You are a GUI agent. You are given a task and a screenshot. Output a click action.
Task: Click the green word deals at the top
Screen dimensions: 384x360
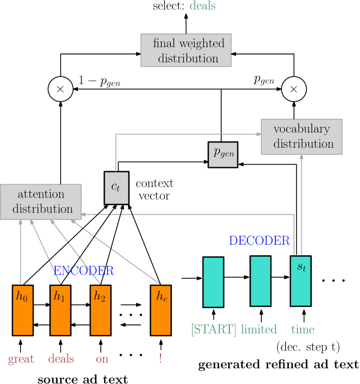pos(202,6)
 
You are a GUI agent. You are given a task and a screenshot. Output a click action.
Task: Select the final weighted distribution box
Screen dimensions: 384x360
pos(186,50)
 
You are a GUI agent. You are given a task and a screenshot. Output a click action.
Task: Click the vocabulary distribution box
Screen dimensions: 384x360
pos(301,136)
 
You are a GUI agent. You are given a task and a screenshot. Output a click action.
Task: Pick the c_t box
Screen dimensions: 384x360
pos(116,188)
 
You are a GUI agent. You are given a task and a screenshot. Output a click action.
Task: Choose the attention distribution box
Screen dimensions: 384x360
pos(41,201)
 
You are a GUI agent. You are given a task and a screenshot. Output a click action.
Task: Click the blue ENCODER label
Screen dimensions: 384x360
pos(83,270)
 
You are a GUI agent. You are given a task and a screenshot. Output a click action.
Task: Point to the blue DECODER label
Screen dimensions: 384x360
pos(259,240)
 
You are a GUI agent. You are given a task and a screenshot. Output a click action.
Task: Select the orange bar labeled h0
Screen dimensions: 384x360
pos(23,310)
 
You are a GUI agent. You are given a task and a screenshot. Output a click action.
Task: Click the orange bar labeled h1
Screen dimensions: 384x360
pos(60,310)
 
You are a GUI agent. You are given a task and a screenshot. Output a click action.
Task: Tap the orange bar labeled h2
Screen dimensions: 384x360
pos(100,310)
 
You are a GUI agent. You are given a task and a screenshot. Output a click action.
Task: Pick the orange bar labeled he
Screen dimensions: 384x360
pos(160,310)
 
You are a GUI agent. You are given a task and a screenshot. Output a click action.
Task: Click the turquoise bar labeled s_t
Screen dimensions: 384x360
pos(300,281)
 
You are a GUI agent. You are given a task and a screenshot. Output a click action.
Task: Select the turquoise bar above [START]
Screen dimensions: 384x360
pos(213,282)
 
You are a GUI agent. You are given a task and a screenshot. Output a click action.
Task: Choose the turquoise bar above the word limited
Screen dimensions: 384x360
pos(260,281)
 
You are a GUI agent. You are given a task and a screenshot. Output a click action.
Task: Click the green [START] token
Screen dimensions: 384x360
pos(214,329)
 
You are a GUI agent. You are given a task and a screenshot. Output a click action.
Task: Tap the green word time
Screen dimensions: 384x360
pos(303,329)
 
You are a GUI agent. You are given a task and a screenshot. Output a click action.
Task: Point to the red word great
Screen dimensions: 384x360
pos(21,359)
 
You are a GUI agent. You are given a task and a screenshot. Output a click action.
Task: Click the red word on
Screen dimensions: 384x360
pos(102,359)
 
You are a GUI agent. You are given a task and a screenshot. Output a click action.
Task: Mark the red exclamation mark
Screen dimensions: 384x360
pos(160,358)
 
